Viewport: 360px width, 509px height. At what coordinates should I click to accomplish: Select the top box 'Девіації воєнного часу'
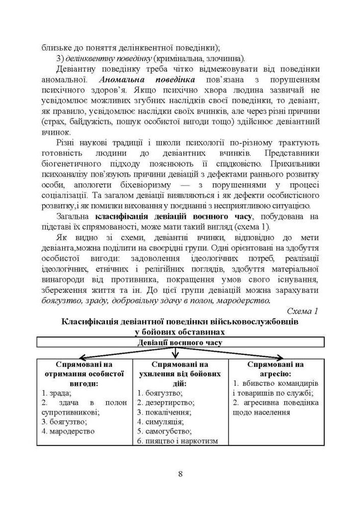(180, 343)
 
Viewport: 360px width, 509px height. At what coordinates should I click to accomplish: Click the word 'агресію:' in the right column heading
(275, 373)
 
